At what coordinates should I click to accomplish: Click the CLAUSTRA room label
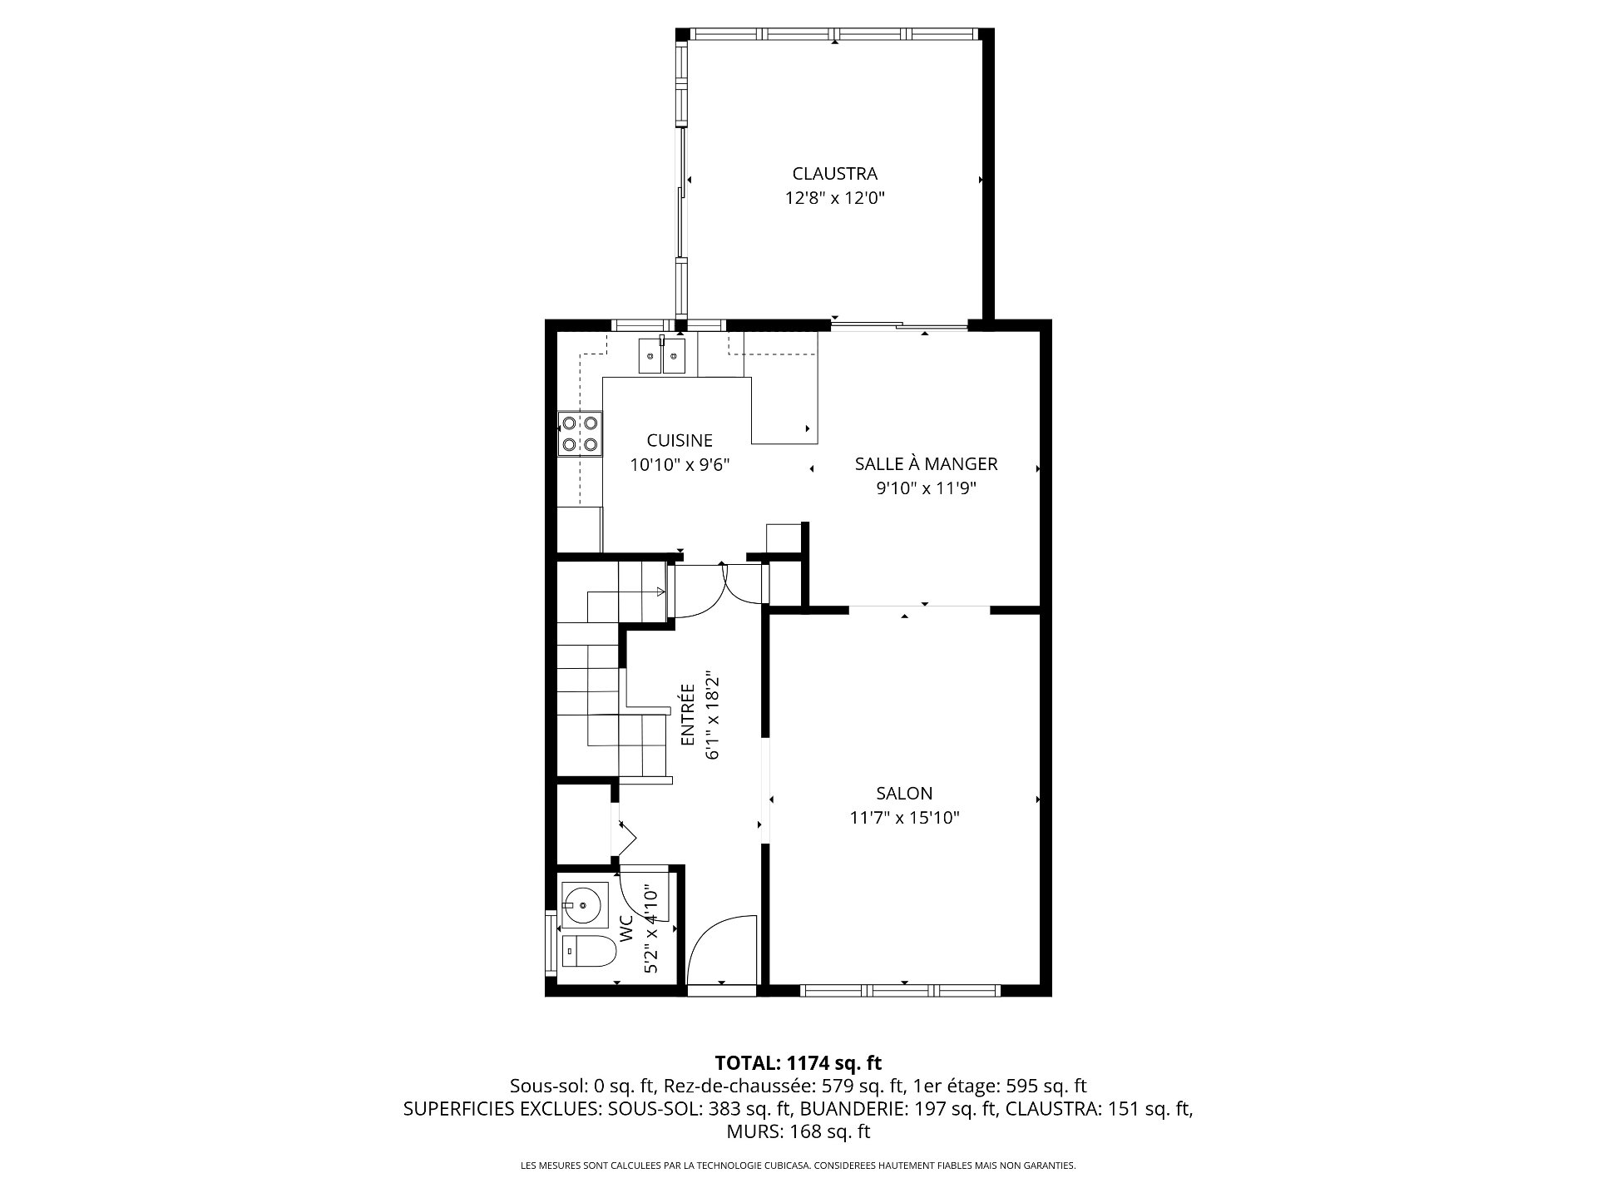click(x=834, y=174)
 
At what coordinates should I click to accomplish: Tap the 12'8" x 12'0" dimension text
click(x=834, y=198)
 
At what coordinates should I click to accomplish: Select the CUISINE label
click(x=680, y=440)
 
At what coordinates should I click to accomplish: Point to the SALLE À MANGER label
click(x=926, y=463)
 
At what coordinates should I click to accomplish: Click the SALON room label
click(x=904, y=793)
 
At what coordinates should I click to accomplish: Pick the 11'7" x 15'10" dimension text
click(x=904, y=818)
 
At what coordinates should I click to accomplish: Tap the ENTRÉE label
click(x=688, y=715)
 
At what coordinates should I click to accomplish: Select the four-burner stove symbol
click(x=580, y=433)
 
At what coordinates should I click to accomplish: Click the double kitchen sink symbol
click(x=662, y=356)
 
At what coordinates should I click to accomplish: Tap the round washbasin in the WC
click(x=586, y=904)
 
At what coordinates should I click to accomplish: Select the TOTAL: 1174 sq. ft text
click(x=798, y=1062)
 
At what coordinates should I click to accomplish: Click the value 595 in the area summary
click(x=1018, y=1086)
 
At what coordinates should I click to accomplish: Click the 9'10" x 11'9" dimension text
click(x=926, y=488)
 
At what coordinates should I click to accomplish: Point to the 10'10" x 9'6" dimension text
click(x=680, y=464)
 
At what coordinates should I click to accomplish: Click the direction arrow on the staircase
click(x=625, y=592)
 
